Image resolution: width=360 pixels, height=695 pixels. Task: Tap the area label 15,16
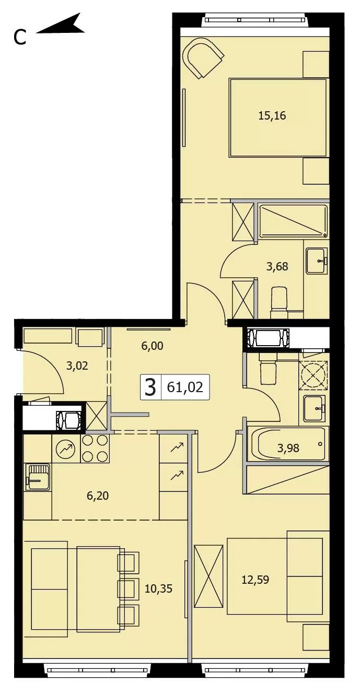pos(272,116)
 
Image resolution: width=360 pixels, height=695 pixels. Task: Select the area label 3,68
pos(277,266)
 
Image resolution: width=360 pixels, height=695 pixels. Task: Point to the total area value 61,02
pos(184,387)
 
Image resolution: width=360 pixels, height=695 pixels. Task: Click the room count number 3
pos(150,387)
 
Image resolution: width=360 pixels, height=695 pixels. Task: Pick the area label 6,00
pos(152,346)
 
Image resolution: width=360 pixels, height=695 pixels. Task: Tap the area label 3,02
pos(77,366)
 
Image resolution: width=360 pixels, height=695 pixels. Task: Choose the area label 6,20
pos(98,496)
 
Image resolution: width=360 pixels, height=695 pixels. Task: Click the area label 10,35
pos(158,588)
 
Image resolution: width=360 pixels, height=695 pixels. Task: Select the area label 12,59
pos(256,579)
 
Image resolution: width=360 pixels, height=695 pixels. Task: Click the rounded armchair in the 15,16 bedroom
pos(203,58)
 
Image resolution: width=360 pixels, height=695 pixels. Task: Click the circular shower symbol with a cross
pos(313,375)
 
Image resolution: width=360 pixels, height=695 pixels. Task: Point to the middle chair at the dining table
pos(128,588)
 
